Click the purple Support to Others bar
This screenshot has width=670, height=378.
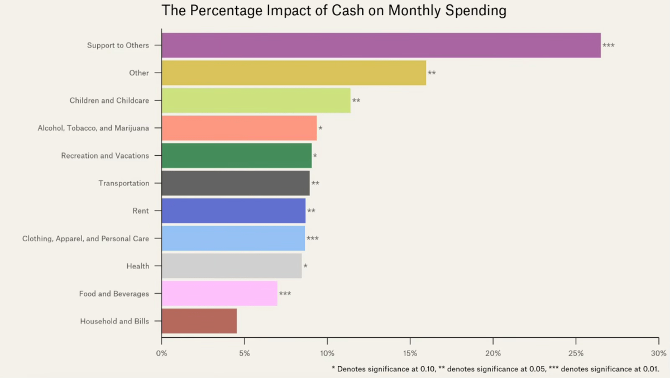click(381, 45)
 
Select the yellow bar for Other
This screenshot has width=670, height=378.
click(294, 73)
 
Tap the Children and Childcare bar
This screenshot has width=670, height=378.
click(256, 101)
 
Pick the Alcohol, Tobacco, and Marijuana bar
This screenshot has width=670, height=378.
click(239, 128)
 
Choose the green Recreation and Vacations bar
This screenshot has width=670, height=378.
click(236, 156)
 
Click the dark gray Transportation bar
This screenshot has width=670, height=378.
click(235, 183)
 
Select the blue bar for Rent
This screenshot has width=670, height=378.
click(233, 211)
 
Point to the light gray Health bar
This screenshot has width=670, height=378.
click(231, 266)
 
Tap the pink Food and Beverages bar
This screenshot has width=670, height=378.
click(219, 294)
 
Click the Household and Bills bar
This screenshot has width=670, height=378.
click(199, 321)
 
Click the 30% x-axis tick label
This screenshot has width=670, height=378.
click(658, 353)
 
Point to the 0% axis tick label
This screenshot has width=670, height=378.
click(161, 353)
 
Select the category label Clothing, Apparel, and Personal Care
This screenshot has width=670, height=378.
click(85, 238)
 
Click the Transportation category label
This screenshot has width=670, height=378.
click(124, 183)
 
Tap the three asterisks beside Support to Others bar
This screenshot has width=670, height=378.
click(609, 46)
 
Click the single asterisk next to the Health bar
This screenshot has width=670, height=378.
click(305, 266)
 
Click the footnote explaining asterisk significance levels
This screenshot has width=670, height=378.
click(495, 369)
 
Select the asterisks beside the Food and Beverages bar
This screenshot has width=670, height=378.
click(285, 294)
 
